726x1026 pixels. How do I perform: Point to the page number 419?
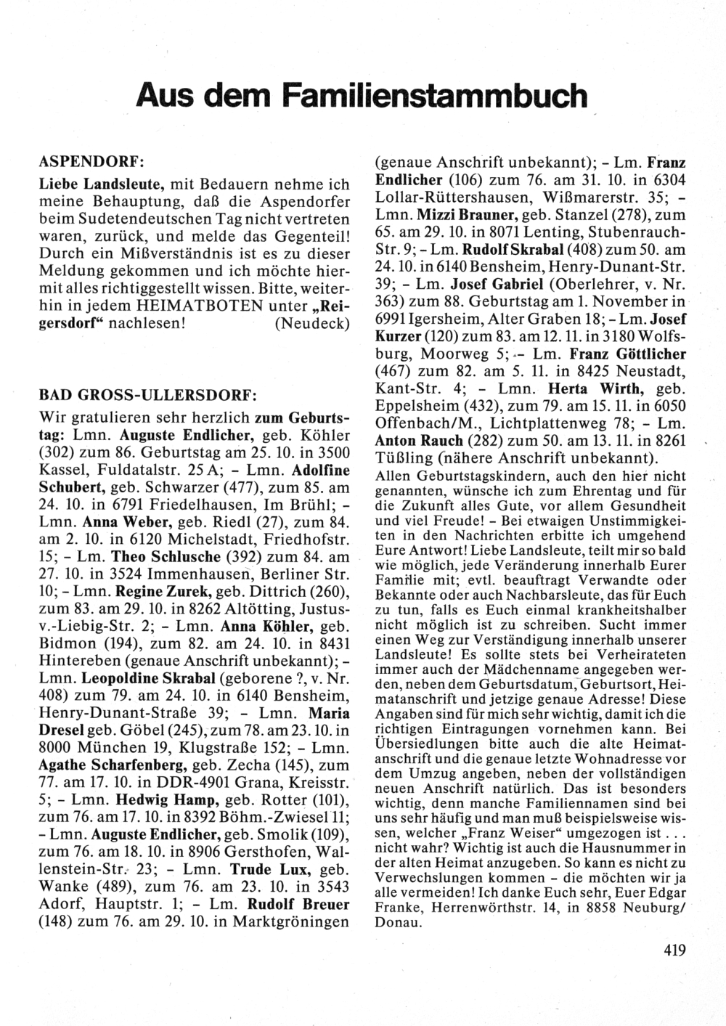674,950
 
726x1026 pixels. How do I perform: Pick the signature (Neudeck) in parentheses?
312,324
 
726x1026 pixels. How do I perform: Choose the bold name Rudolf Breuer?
299,904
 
